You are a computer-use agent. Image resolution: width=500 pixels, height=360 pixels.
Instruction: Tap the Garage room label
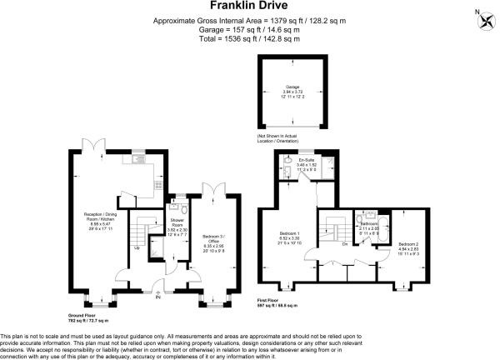(x=292, y=87)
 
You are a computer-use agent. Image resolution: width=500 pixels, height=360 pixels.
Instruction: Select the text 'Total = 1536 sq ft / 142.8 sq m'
(x=249, y=37)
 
